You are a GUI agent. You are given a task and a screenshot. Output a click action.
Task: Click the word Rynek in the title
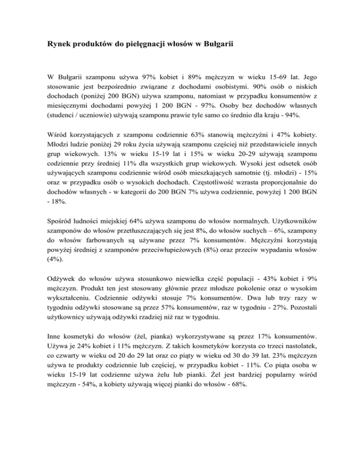[x=58, y=45]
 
